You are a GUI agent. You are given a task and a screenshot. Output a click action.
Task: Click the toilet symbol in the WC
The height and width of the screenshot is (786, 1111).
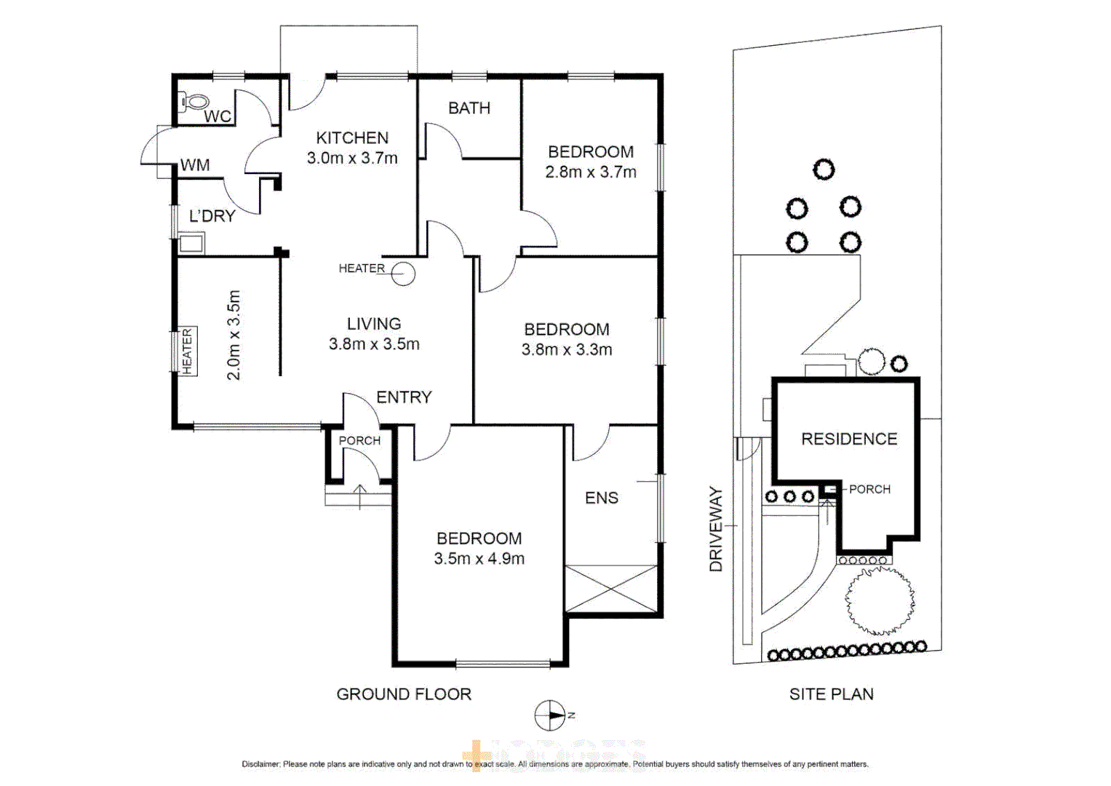pos(194,102)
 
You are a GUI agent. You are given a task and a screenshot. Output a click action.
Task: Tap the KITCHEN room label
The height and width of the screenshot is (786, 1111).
pos(352,138)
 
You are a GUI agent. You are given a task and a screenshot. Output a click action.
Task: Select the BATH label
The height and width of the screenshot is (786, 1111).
pos(469,108)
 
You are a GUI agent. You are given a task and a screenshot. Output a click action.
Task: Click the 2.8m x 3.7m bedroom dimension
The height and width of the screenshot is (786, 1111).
pos(591,172)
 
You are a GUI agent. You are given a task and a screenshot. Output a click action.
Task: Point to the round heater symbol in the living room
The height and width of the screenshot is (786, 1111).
pos(403,274)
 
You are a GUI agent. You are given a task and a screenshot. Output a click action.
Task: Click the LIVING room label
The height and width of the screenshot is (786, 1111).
pos(374,324)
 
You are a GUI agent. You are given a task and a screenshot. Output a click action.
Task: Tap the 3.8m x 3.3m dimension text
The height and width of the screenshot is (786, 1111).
pos(567,349)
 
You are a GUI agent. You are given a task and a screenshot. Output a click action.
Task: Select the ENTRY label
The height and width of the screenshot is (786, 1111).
pos(404,397)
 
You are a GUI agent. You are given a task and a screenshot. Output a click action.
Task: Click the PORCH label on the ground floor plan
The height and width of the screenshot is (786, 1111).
pos(359,440)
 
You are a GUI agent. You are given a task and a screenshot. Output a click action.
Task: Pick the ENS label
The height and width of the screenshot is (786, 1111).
pos(602,498)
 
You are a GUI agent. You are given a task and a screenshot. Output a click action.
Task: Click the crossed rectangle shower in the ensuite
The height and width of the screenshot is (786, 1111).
pos(611,589)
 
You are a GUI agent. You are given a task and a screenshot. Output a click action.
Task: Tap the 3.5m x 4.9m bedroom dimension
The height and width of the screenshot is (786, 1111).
pos(479,559)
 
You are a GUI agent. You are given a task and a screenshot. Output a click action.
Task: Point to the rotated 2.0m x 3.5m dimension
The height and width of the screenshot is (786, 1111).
pos(234,335)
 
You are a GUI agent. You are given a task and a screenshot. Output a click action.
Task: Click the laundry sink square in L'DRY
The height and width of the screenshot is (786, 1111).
pos(191,243)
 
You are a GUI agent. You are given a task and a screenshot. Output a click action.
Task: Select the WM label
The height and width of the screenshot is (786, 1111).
pos(195,165)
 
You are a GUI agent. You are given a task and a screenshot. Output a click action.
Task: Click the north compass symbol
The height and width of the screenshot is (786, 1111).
pos(550,715)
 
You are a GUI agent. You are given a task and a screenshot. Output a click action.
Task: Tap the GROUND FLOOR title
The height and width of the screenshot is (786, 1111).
pos(404,694)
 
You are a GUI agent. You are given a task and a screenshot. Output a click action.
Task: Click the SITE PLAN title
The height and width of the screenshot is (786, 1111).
pos(832,694)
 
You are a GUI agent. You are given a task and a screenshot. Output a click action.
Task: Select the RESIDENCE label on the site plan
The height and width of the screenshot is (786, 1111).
pos(849,439)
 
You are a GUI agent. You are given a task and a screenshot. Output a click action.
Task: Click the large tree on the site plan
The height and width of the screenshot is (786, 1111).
pos(880,601)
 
